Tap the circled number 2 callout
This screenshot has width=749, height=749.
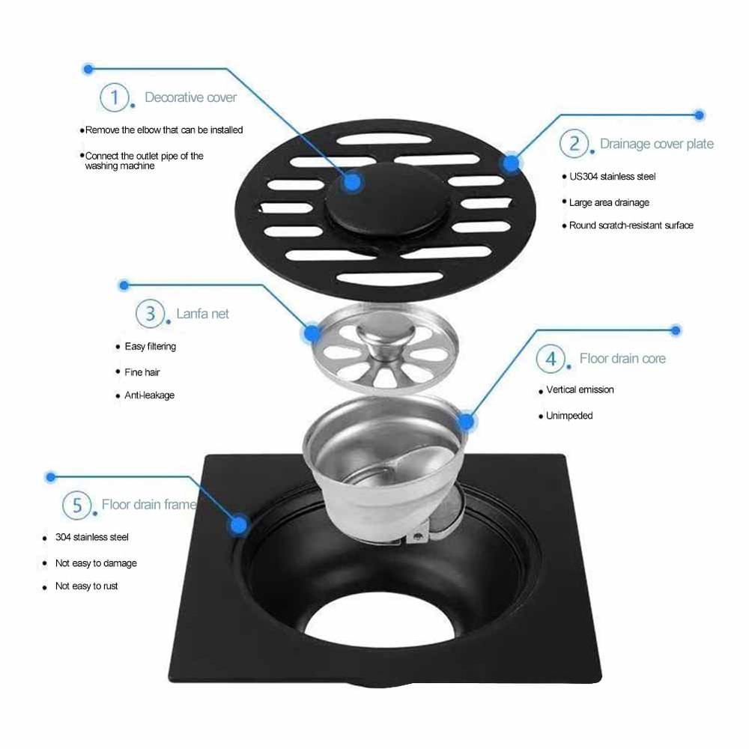574,143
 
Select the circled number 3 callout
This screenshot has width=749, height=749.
150,313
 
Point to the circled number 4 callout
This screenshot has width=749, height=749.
551,359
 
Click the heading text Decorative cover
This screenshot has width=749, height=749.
190,97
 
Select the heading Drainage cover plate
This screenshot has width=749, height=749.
656,144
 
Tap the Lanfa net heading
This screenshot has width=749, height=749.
202,314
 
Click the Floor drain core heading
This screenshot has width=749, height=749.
622,359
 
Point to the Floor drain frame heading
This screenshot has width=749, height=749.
148,505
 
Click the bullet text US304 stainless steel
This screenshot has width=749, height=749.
612,177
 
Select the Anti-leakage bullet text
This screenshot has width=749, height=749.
149,395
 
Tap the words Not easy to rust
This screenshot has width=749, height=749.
86,586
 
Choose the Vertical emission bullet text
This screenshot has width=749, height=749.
580,390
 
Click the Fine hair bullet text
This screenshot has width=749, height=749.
142,372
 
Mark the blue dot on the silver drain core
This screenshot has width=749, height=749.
465,422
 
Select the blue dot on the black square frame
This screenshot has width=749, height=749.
239,524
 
